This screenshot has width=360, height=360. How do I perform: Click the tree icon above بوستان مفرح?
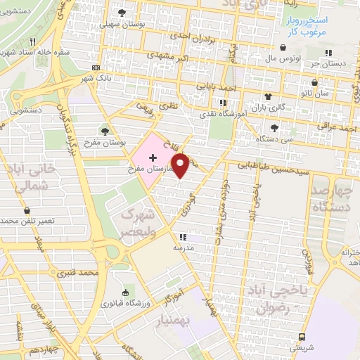click(105, 130)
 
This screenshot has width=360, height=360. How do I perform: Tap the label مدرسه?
click(184, 247)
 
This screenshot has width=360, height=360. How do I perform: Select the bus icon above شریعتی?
click(302, 337)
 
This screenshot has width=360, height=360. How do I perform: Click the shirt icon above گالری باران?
click(268, 96)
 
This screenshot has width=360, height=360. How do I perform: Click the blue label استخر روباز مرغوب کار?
click(310, 27)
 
